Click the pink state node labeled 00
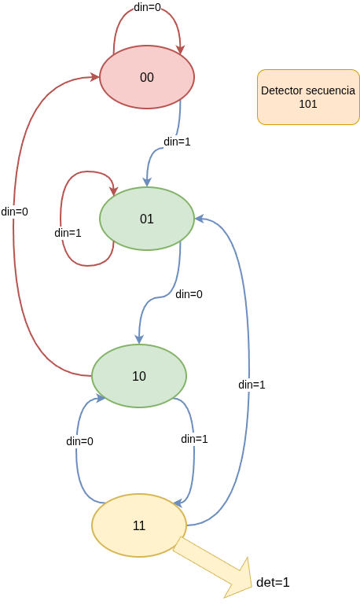(x=146, y=77)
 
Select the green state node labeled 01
(x=146, y=219)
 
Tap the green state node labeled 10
(x=139, y=376)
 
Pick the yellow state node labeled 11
(x=139, y=525)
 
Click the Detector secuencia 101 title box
(x=307, y=97)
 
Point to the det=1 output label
(x=274, y=583)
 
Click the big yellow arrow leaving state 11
(x=212, y=565)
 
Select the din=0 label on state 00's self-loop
(x=147, y=6)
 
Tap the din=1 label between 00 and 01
(x=177, y=142)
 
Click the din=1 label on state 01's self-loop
(x=68, y=233)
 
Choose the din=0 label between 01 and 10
(x=189, y=294)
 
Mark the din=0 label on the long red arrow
(x=14, y=212)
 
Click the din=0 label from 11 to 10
(x=79, y=441)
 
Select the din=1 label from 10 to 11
(x=194, y=439)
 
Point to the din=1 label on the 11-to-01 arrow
(x=252, y=385)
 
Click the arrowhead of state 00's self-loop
(x=181, y=50)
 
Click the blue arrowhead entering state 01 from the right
(x=199, y=219)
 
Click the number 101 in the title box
(x=307, y=103)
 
